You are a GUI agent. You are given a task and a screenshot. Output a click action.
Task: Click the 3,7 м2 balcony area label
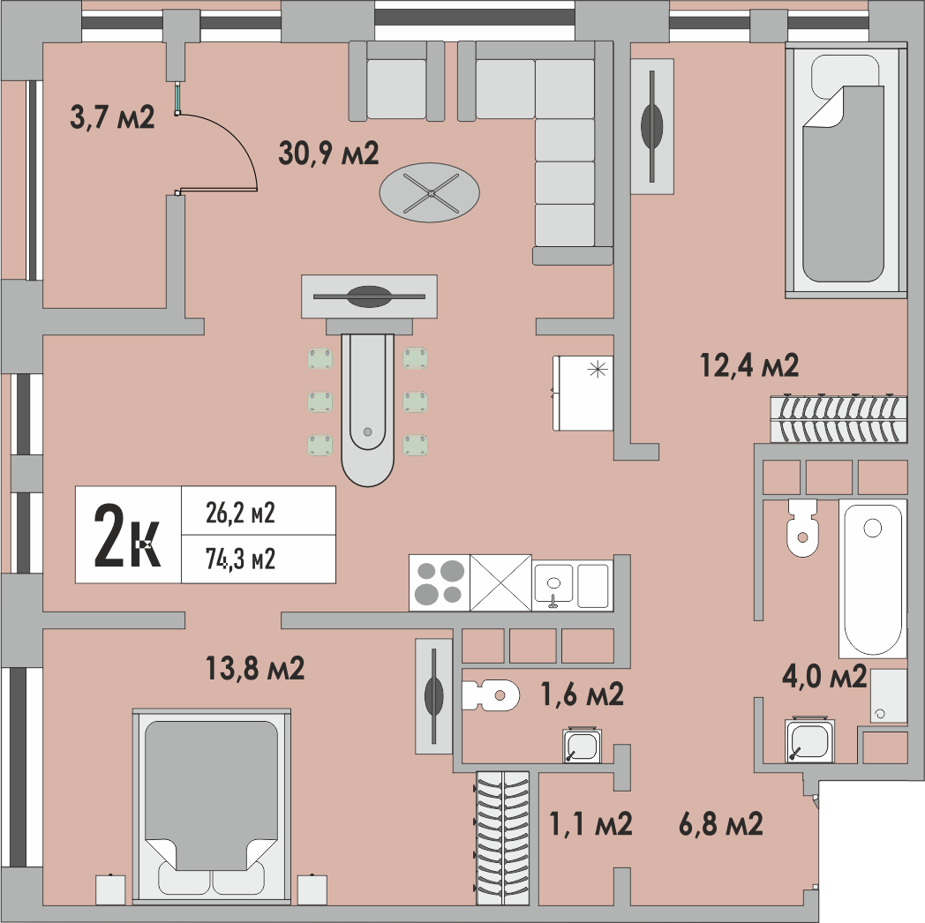point(112,117)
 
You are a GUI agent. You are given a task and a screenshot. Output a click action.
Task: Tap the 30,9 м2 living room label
point(328,154)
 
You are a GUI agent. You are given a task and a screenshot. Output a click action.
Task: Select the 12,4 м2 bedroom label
point(749,365)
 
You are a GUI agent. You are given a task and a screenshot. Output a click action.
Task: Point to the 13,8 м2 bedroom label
point(255,669)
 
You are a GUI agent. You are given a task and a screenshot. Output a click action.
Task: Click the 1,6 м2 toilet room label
point(583,694)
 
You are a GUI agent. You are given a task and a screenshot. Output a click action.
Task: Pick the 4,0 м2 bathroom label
point(824,676)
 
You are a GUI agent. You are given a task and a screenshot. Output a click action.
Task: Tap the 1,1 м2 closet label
point(590,823)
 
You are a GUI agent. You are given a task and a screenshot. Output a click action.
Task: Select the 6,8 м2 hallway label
point(721,823)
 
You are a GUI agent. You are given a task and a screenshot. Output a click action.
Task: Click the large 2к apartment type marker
point(127,535)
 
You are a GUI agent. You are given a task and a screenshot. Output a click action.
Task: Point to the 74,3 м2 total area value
point(240,559)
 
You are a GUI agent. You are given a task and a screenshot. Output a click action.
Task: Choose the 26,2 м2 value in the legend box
point(240,513)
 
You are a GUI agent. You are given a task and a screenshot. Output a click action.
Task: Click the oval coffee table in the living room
point(430,193)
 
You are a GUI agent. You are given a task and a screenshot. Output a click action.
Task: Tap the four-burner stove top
point(440,582)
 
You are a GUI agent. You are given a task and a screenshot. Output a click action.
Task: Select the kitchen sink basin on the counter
point(553,584)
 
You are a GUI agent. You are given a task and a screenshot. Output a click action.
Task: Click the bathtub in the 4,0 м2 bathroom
point(873,579)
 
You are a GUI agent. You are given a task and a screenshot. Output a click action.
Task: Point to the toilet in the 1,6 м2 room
point(490,695)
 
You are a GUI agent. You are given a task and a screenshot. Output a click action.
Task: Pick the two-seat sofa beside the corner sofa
point(396,81)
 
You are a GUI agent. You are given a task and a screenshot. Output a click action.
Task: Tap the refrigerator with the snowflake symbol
point(583,393)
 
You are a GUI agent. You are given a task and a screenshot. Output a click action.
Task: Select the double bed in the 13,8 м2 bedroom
point(211,807)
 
